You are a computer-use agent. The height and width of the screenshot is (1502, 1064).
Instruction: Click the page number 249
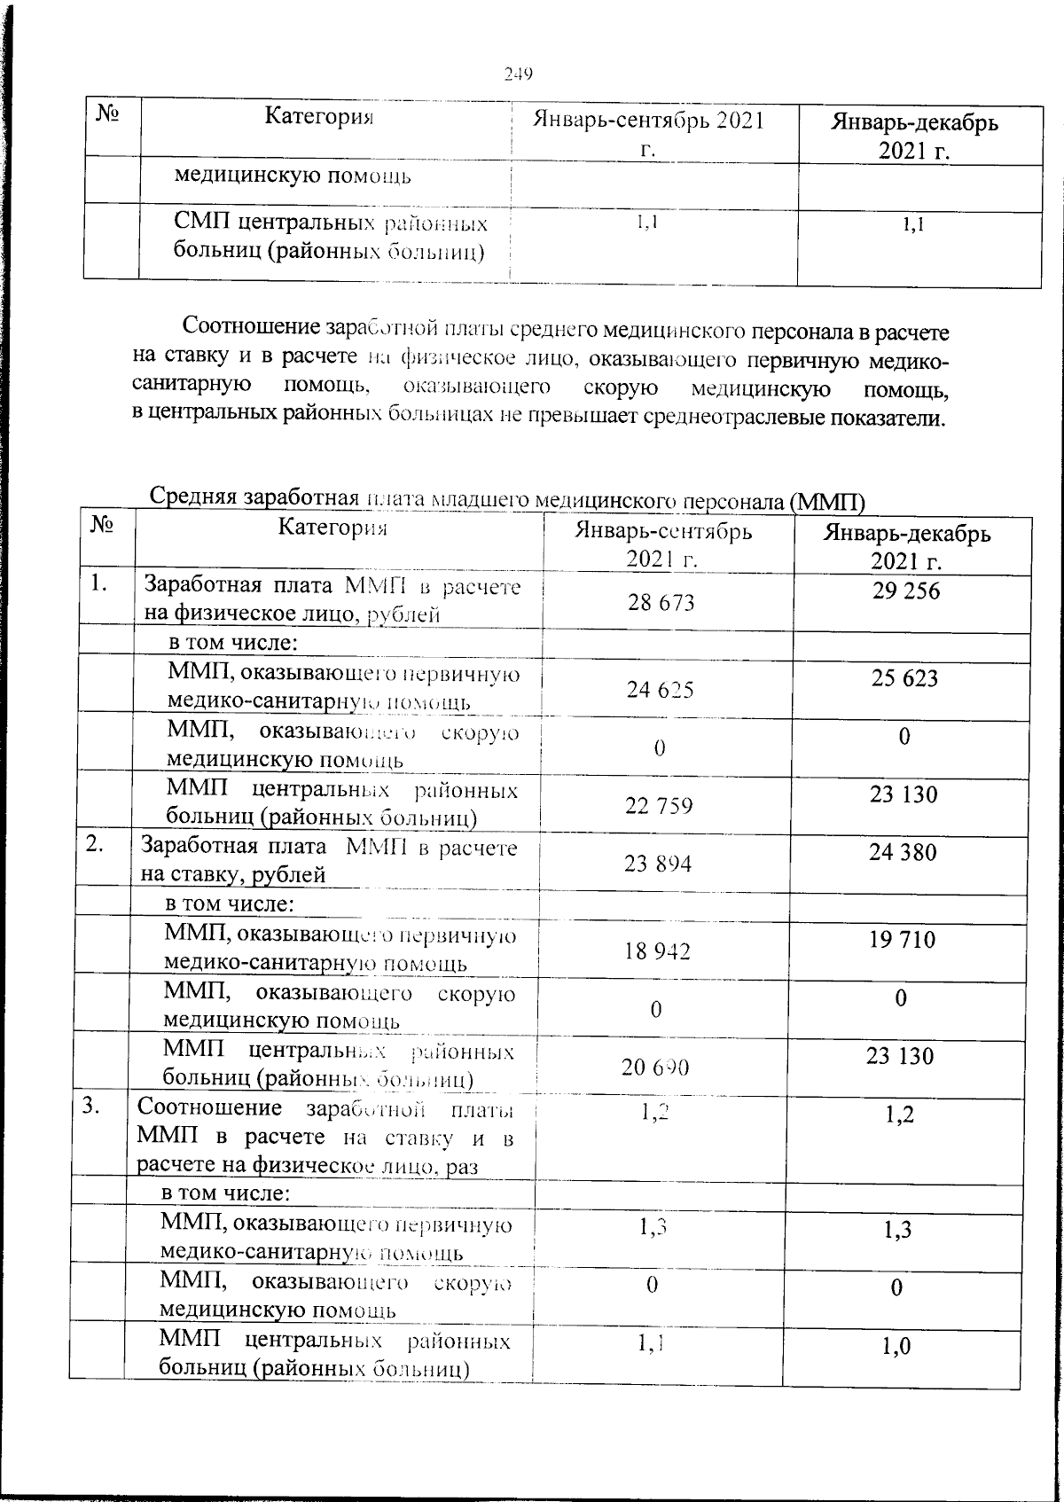[x=518, y=74]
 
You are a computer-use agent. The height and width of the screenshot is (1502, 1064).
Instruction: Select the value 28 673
[x=661, y=603]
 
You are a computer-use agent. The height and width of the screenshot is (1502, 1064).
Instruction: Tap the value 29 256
[x=905, y=591]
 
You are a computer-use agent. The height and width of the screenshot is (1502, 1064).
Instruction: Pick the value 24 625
[x=661, y=690]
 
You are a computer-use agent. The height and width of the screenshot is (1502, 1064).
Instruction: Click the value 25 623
[x=904, y=678]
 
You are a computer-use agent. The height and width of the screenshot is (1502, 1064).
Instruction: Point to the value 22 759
[x=659, y=806]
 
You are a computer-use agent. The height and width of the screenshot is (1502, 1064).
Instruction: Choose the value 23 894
[x=658, y=864]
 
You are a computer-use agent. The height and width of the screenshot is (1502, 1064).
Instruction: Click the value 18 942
[x=657, y=951]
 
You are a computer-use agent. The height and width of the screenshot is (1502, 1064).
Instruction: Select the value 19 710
[x=902, y=939]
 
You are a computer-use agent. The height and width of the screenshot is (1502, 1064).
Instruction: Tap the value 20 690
[x=655, y=1068]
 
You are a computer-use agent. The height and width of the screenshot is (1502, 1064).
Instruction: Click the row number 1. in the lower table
[x=101, y=583]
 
